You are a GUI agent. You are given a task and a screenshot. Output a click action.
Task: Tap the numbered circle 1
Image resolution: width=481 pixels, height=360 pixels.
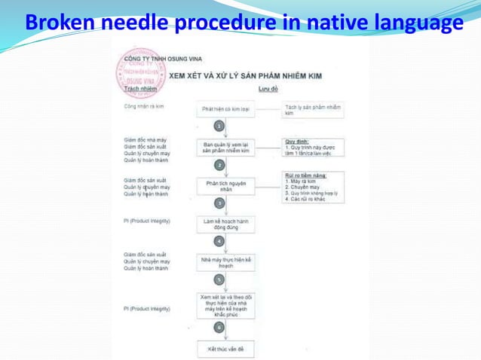tap(219, 127)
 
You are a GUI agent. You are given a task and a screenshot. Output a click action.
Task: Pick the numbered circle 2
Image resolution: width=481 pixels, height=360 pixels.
tap(219, 165)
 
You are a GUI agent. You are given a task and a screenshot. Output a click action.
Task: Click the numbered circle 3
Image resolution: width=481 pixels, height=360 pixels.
tap(219, 203)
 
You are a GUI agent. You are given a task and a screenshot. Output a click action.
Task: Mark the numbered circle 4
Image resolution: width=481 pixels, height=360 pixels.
tap(219, 241)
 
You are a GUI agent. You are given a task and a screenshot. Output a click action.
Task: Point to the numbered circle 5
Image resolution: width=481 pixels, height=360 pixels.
tap(219, 279)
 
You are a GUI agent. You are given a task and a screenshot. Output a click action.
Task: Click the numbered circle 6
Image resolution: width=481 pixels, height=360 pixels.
tap(219, 328)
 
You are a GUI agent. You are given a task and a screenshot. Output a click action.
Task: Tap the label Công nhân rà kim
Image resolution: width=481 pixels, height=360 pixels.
tap(144, 107)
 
